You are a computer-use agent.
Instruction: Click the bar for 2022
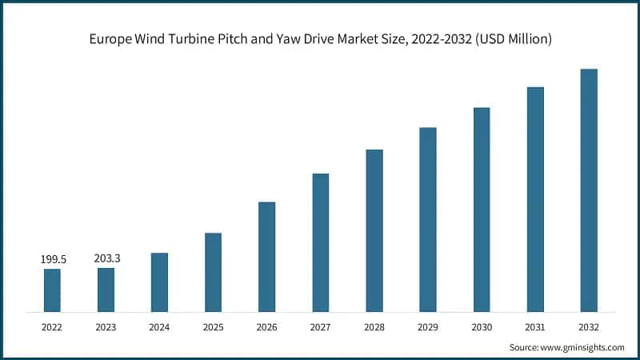coord(52,290)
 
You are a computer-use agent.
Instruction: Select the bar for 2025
coord(213,272)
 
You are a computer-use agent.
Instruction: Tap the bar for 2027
coord(321,242)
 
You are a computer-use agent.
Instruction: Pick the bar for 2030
coord(482,210)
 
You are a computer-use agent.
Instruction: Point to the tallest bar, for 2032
coord(589,190)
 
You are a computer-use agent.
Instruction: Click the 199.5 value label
coord(52,260)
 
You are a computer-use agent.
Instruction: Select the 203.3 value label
coord(106,259)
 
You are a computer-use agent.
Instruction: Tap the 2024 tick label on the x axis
coord(159,326)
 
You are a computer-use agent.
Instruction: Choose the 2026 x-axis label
coord(266,326)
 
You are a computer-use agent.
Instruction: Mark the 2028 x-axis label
coord(374,326)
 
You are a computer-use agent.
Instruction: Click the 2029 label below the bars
coord(428,326)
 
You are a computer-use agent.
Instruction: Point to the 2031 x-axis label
coord(535,326)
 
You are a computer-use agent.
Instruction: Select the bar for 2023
coord(106,290)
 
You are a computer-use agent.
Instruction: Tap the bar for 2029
coord(428,219)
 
